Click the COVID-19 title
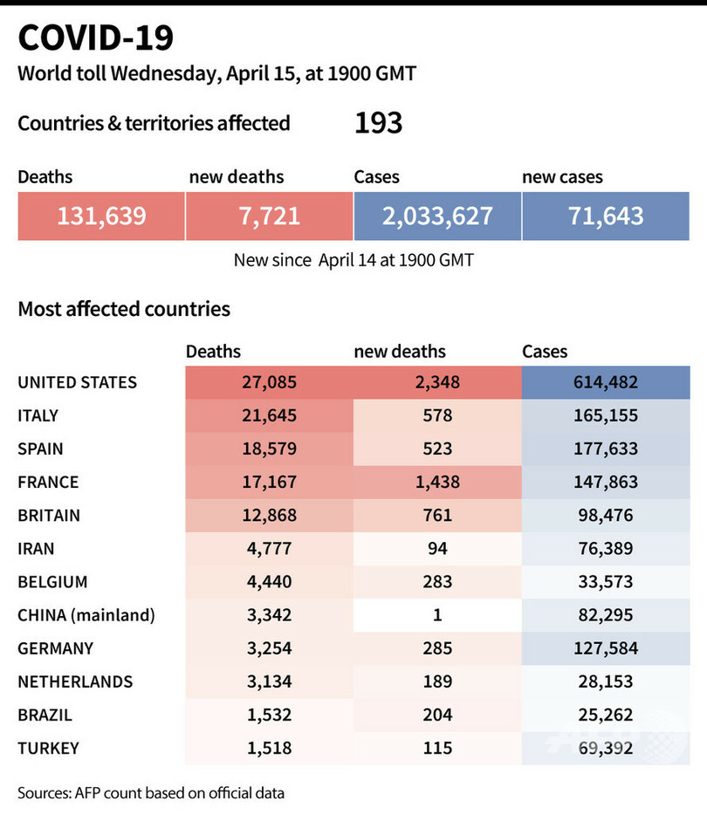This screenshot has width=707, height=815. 96,38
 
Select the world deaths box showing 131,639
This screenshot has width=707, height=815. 101,216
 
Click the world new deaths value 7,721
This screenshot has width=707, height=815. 269,216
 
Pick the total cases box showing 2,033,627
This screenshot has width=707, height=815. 437,216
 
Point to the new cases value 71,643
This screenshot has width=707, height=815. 605,216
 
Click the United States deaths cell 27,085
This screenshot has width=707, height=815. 269,382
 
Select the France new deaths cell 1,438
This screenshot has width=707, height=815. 437,482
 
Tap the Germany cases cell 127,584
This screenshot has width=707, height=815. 605,648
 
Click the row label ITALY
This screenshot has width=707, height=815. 38,415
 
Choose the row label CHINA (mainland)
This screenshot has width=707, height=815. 86,615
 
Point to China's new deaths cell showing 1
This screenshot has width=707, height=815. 437,615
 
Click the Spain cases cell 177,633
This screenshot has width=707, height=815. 605,449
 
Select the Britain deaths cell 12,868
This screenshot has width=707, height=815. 269,515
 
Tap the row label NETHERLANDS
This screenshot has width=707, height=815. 75,681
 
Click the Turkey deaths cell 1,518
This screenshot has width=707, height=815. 269,748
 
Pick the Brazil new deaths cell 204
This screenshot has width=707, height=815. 437,715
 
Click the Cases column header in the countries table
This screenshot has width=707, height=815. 545,352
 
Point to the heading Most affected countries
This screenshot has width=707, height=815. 124,309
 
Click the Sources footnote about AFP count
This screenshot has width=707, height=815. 151,793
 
